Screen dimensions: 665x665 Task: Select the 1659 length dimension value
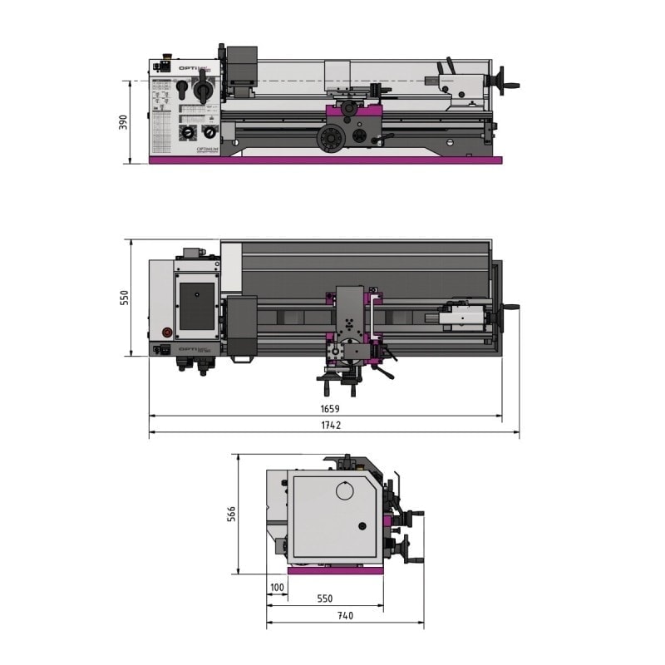pyautogui.click(x=329, y=408)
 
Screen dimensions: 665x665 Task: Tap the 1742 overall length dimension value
pyautogui.click(x=332, y=425)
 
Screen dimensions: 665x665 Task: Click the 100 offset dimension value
pyautogui.click(x=277, y=588)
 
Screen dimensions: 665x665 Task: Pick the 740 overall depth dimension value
pyautogui.click(x=344, y=616)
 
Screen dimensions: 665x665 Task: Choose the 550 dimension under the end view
pyautogui.click(x=324, y=598)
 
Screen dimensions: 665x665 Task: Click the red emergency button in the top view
pyautogui.click(x=164, y=332)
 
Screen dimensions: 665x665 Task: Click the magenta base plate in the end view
pyautogui.click(x=335, y=570)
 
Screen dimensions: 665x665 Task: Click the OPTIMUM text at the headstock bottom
pyautogui.click(x=207, y=150)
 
